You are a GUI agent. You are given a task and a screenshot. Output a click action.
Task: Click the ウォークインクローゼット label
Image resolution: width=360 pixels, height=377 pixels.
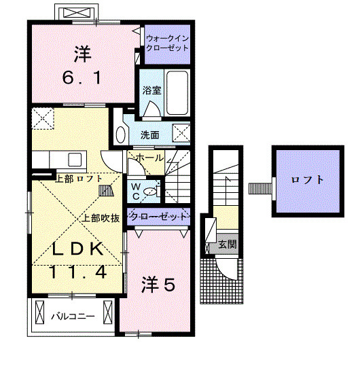pos(167,43)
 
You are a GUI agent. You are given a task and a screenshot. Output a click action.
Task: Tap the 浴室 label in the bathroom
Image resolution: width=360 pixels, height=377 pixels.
pos(151,90)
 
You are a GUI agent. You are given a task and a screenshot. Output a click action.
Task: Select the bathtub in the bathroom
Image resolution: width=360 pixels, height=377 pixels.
pos(177,92)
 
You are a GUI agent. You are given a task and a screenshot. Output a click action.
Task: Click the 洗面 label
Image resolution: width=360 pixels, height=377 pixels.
pos(149,135)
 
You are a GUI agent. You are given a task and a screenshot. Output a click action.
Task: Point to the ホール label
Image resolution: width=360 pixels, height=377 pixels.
pos(149,158)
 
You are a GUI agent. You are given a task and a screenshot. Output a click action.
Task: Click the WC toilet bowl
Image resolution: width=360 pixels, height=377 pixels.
pos(150,192)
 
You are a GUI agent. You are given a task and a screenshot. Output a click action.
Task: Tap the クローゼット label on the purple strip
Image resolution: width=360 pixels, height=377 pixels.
pos(158,217)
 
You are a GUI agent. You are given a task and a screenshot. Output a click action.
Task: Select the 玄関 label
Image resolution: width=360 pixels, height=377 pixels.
pos(228,245)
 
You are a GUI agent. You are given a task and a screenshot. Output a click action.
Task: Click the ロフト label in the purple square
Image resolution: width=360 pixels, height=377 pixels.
pos(308,179)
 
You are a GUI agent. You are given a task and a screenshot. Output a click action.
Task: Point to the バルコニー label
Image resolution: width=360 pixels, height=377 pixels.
pos(73,316)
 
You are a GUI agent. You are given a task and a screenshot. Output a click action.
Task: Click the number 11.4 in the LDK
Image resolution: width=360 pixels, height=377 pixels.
pos(78,272)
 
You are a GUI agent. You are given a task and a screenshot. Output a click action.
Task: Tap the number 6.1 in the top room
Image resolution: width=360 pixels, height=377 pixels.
pos(82,77)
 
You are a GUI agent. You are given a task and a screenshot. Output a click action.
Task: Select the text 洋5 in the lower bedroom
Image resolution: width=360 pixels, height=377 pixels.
pos(158,285)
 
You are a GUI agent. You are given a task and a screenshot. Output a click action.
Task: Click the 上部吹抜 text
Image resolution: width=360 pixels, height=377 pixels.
pos(101,218)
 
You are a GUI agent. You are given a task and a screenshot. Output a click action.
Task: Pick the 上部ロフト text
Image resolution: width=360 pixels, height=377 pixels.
pos(79,179)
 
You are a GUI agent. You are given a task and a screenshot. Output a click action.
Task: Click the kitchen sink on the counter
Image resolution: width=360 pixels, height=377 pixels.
pos(75,160)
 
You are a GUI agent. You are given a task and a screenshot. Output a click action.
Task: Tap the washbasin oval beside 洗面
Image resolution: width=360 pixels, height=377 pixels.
pos(121,134)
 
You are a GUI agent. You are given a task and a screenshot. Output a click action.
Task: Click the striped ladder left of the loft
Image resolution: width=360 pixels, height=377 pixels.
pos(260,189)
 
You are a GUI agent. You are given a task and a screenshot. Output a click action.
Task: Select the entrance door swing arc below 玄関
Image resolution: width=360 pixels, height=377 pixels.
pos(223,271)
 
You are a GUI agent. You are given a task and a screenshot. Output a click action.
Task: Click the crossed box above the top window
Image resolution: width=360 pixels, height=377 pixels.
pos(76,12)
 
